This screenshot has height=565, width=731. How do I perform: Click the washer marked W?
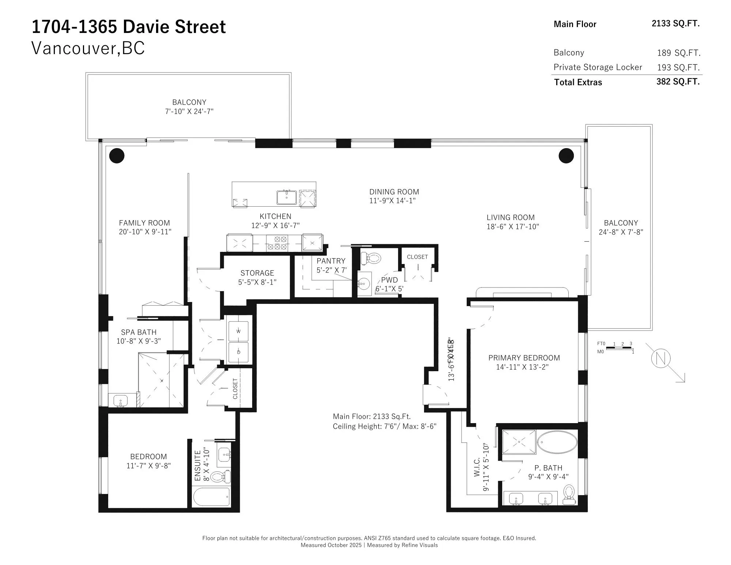click(238, 331)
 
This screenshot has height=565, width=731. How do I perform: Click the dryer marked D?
click(238, 352)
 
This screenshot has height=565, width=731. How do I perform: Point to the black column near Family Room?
click(117, 155)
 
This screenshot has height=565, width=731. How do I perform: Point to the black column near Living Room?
click(566, 156)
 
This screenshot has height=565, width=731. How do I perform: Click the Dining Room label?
click(394, 192)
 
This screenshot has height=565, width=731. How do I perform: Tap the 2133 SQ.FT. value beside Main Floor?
click(675, 23)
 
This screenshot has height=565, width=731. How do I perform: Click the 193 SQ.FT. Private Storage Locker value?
click(678, 68)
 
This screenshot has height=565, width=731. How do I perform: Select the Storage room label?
click(257, 273)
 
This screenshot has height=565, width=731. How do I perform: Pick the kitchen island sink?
click(286, 197)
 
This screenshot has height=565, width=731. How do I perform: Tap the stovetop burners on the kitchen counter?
click(277, 243)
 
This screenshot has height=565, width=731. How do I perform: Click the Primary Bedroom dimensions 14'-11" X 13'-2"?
click(522, 367)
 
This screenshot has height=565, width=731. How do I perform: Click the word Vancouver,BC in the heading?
click(88, 48)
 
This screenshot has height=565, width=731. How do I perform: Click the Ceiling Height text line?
click(385, 426)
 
